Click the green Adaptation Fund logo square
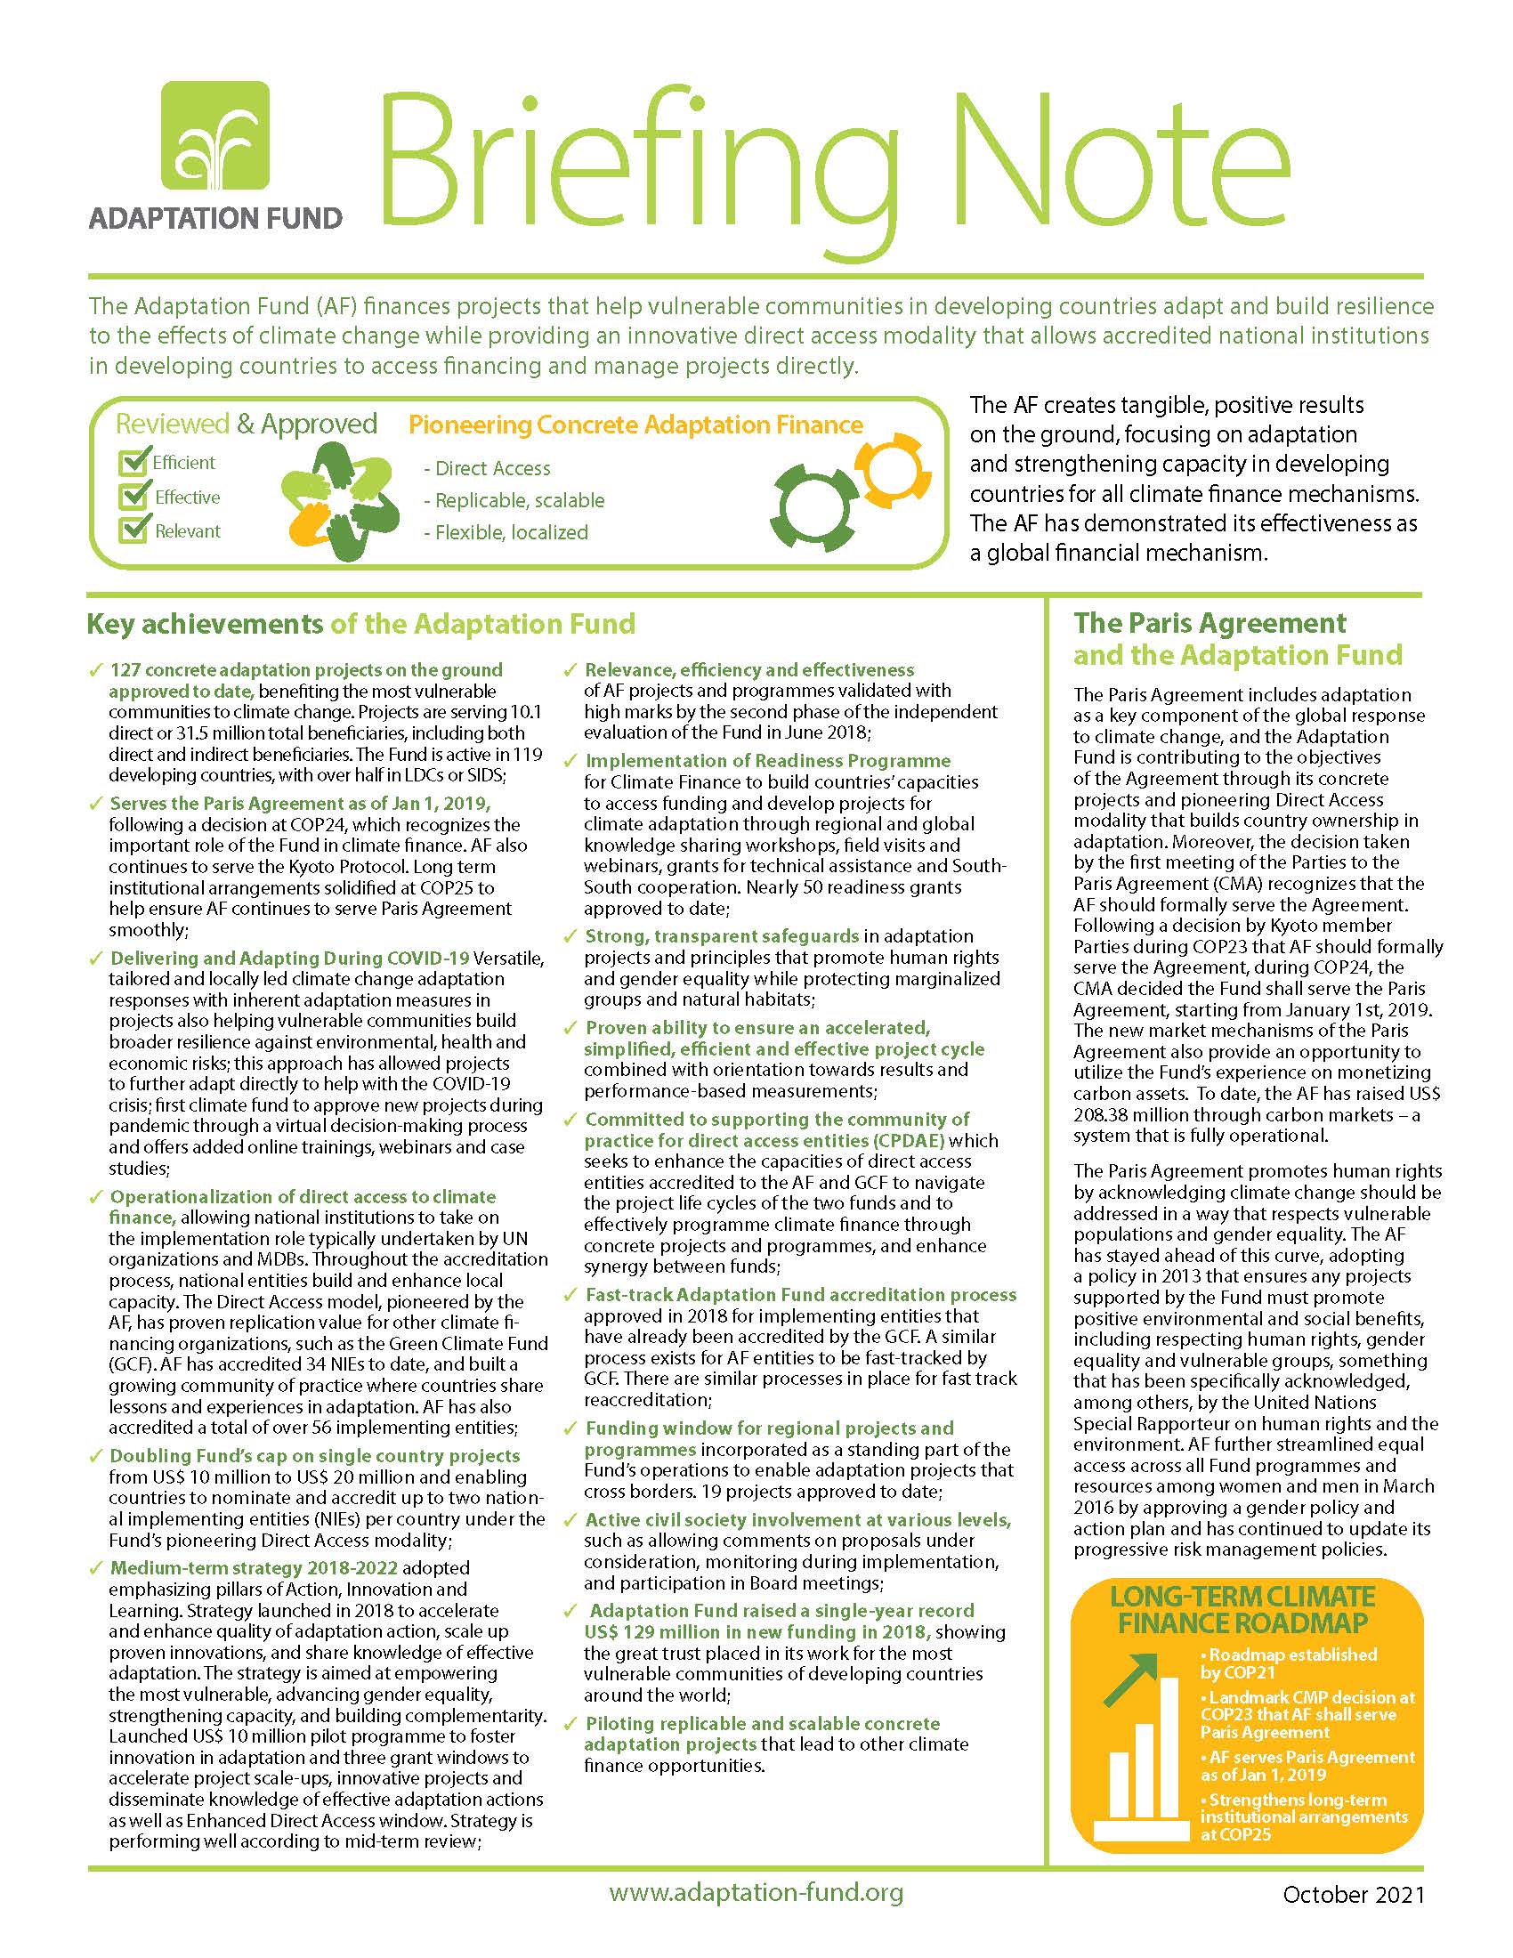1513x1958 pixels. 215,134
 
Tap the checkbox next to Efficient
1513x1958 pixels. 133,463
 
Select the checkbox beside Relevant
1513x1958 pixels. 133,530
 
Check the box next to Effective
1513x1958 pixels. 133,497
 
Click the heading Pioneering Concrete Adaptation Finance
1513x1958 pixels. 635,425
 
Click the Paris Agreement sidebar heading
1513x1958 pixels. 1237,638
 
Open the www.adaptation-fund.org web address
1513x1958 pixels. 756,1892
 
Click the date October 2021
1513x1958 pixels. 1353,1894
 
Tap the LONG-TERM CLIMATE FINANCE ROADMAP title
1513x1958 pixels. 1242,1609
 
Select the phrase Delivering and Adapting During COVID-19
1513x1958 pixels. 289,959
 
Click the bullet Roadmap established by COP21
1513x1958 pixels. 1289,1663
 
